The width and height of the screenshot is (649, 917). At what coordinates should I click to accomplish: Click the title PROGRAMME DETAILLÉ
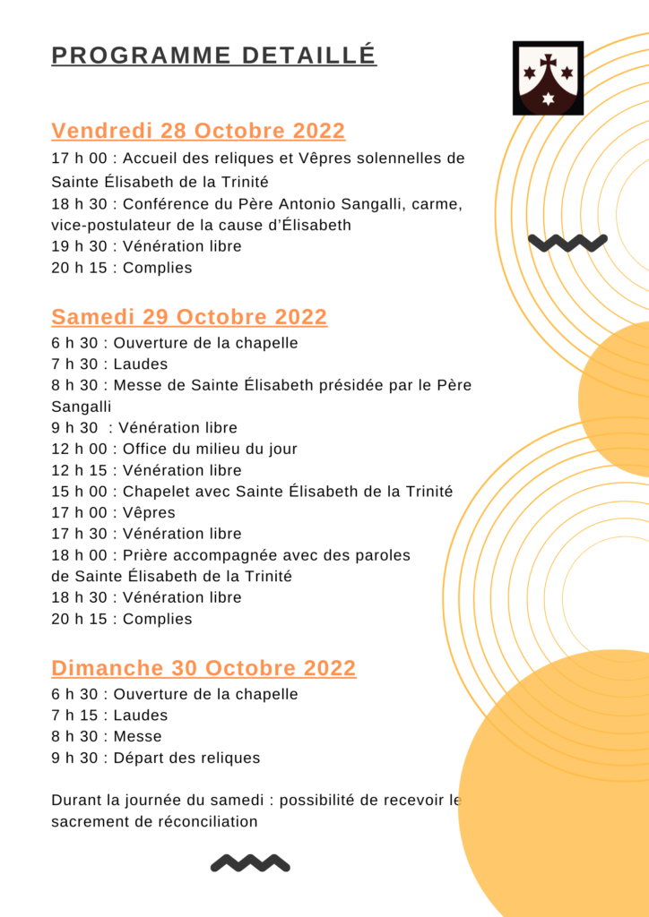click(x=213, y=56)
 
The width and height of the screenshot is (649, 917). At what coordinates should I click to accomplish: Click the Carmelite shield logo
click(x=548, y=78)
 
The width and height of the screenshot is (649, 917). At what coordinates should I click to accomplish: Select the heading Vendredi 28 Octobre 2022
click(x=198, y=131)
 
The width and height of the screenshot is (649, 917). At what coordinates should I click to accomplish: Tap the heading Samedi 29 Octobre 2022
click(x=189, y=317)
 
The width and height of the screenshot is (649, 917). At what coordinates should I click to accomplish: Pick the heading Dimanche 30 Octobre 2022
click(x=203, y=668)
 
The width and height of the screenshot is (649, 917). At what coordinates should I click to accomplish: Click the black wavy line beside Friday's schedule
click(x=567, y=242)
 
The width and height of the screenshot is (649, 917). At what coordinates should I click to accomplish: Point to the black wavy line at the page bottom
click(x=250, y=863)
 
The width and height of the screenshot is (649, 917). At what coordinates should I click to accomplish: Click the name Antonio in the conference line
click(x=310, y=204)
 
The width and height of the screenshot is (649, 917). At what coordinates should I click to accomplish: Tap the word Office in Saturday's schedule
click(x=143, y=449)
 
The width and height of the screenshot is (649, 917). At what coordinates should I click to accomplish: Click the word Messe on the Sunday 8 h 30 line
click(x=138, y=737)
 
